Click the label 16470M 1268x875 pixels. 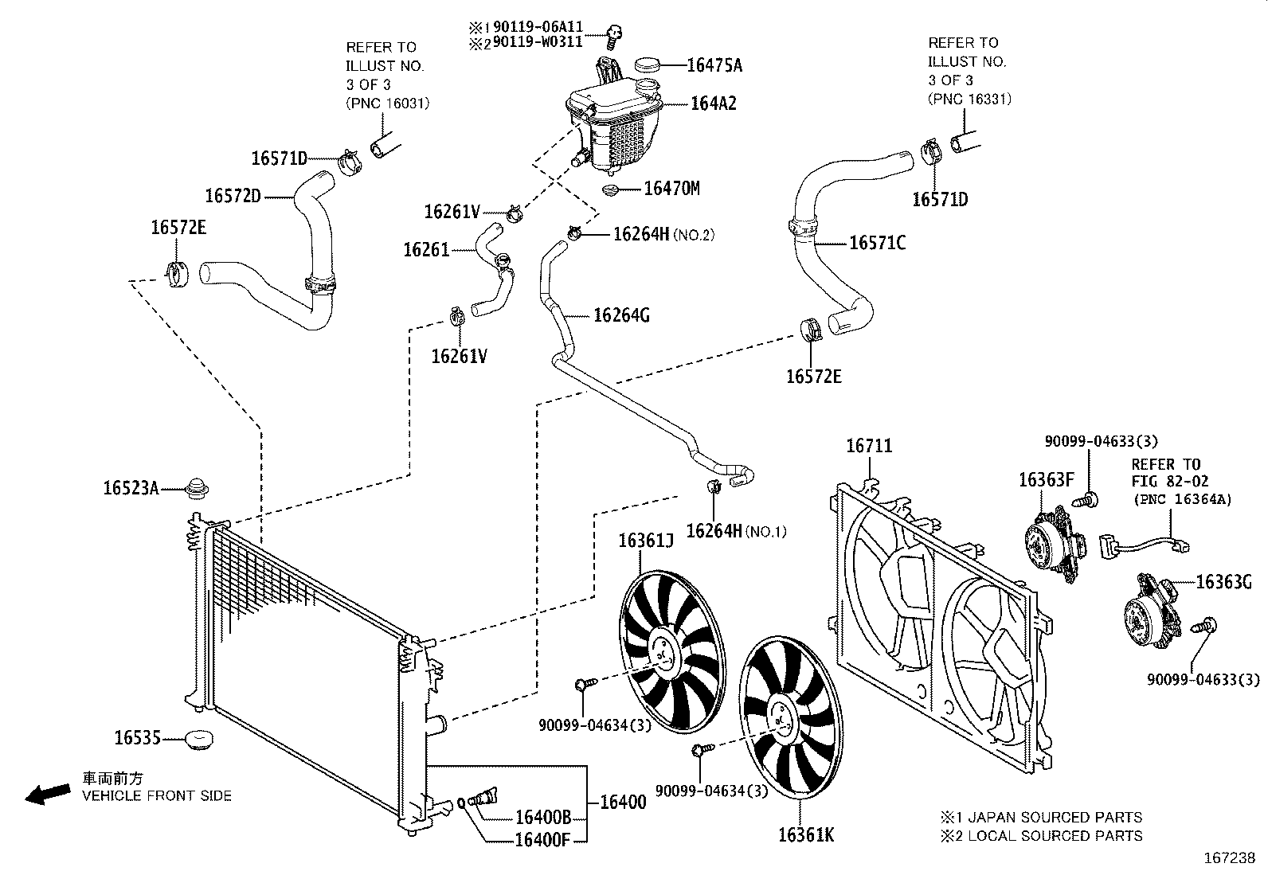671,189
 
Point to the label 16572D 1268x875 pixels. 233,195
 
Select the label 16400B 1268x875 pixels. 543,818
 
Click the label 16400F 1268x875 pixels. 542,838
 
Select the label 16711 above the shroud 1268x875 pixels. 869,446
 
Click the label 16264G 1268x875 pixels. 621,316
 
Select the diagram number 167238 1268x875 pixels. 1229,859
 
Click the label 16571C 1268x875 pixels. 877,243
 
